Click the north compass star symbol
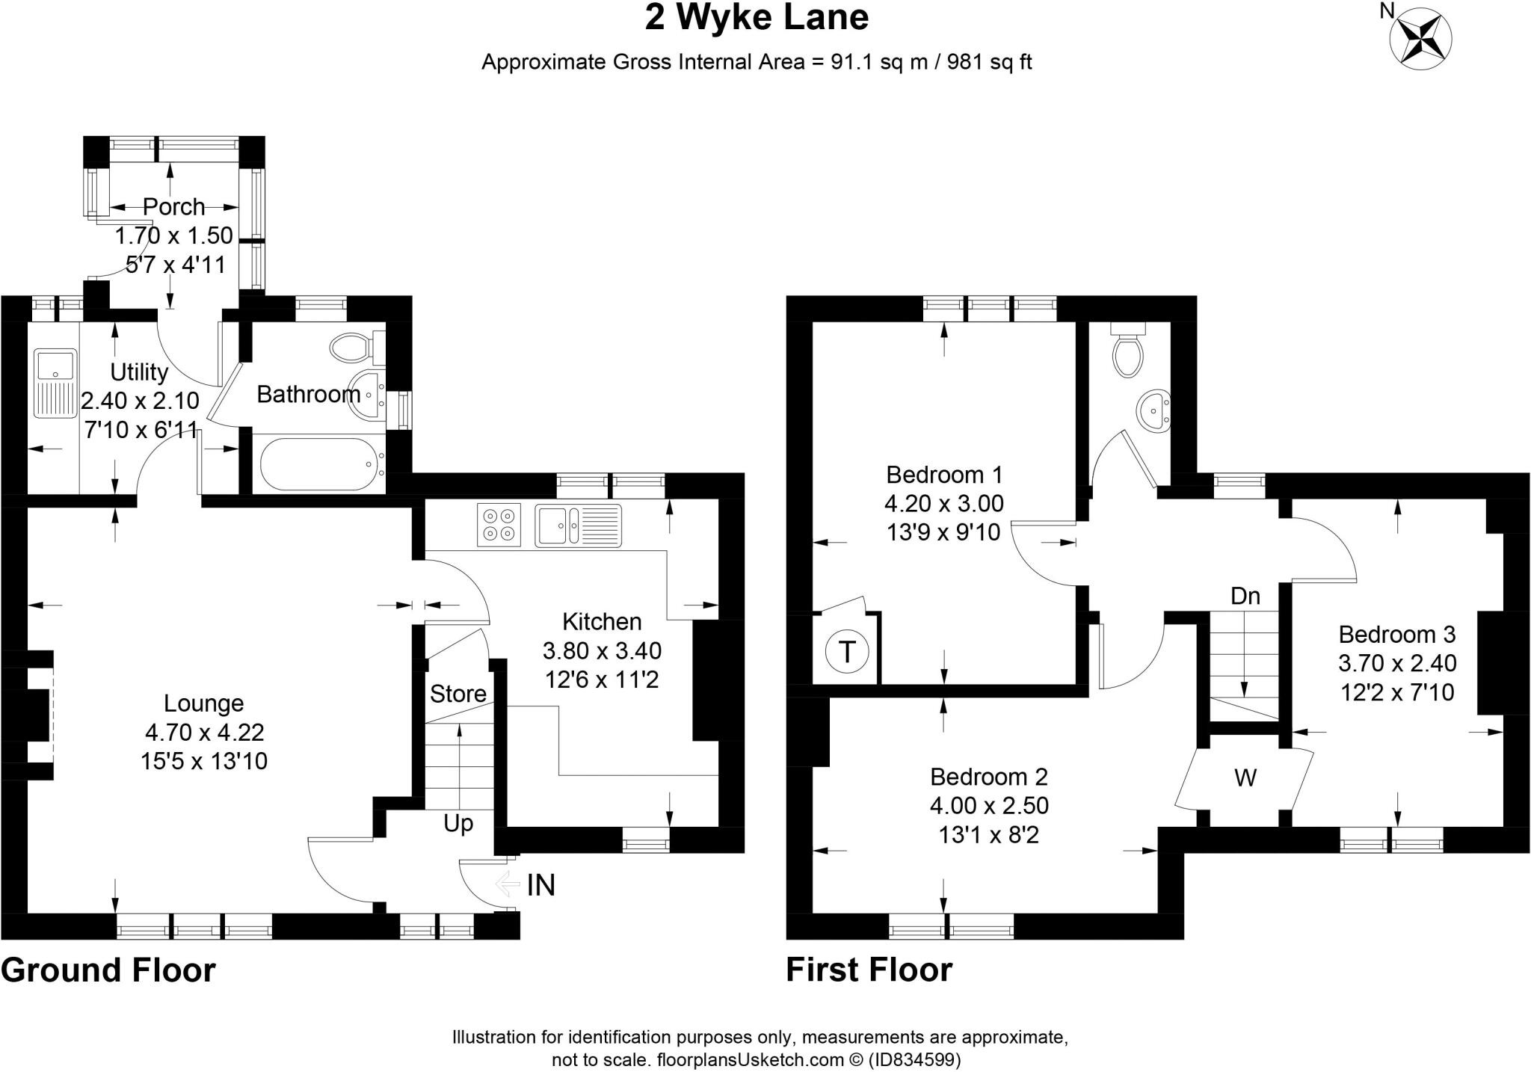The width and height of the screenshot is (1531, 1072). tap(1420, 41)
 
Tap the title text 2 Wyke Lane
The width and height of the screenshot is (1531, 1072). tap(757, 18)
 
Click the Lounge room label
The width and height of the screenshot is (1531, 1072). tap(203, 703)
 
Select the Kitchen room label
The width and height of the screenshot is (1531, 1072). tap(602, 622)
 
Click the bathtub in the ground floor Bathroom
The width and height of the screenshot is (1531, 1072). tap(318, 465)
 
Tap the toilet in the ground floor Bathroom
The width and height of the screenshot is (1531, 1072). tap(351, 347)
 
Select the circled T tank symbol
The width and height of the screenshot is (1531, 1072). tap(847, 652)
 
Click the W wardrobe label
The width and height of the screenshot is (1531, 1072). tap(1245, 778)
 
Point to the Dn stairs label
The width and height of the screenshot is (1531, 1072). tap(1245, 597)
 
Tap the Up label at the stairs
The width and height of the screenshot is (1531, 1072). tap(458, 824)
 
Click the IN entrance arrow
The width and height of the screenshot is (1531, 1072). tap(508, 885)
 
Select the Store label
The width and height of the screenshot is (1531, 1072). tap(458, 694)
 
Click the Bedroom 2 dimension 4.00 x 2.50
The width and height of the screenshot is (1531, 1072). tap(989, 806)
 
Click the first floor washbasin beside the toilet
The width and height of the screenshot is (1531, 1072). tap(1154, 410)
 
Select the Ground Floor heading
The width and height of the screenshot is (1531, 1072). tap(108, 970)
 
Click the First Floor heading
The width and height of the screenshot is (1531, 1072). tap(869, 970)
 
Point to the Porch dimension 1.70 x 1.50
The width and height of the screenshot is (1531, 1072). tap(173, 235)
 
